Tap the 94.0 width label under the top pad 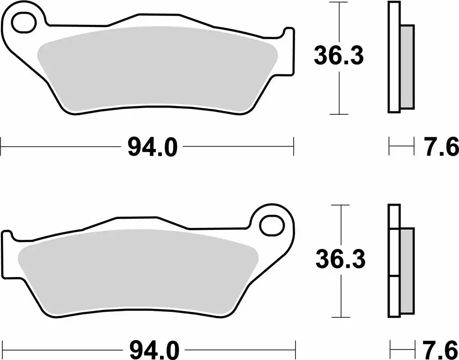[x=147, y=147]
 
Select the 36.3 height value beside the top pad [x=338, y=57]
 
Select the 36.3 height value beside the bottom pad [x=340, y=260]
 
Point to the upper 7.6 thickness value [x=441, y=147]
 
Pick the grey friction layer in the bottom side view [x=407, y=270]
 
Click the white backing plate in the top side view [x=393, y=58]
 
